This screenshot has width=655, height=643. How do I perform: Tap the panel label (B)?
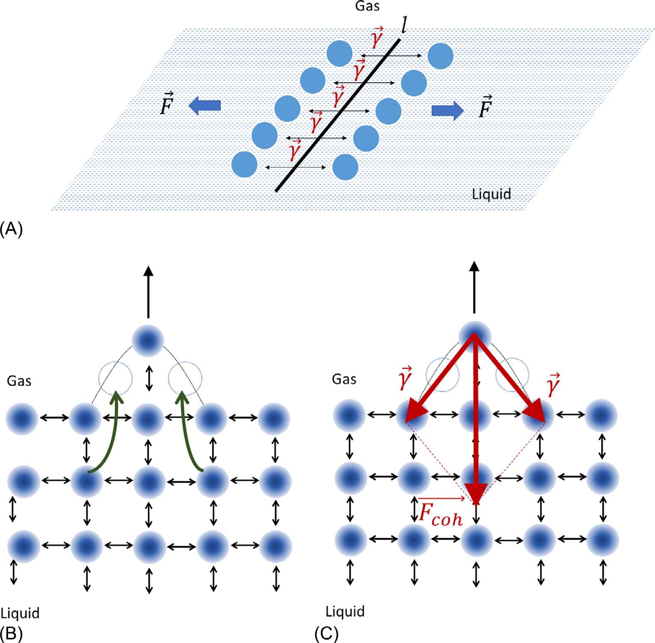pos(11,634)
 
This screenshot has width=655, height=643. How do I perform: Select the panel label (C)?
pos(326,634)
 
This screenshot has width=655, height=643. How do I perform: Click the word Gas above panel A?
pos(367,6)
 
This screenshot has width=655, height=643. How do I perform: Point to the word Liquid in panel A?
pos(491,194)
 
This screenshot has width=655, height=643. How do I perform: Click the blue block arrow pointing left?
pos(205,105)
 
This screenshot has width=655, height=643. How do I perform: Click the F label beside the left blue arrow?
pos(166,104)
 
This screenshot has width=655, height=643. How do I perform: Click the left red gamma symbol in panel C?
pos(404,378)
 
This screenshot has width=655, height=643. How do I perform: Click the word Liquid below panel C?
pos(345,611)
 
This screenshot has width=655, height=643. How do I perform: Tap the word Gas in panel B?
pos(19,381)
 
